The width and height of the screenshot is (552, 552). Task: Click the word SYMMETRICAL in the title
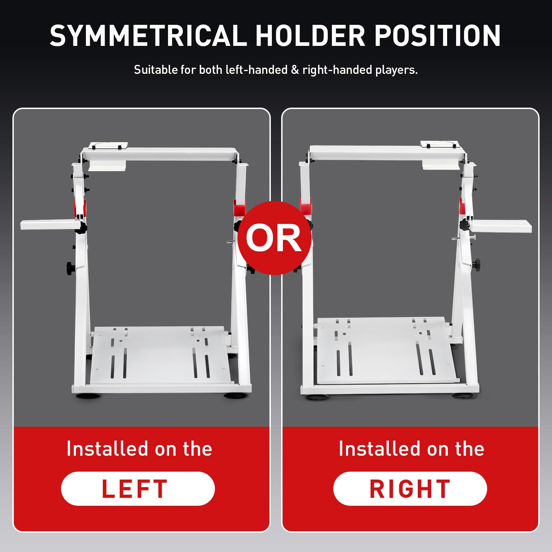point(149,36)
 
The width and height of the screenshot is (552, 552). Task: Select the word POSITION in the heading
point(437,36)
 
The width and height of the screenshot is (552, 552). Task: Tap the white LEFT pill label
point(138,489)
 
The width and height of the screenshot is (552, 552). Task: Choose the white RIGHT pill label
point(410,489)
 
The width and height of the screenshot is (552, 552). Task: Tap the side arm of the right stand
point(501,226)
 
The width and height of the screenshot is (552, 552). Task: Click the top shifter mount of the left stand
point(108,146)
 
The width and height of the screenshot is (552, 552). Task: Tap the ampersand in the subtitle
point(295,70)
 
